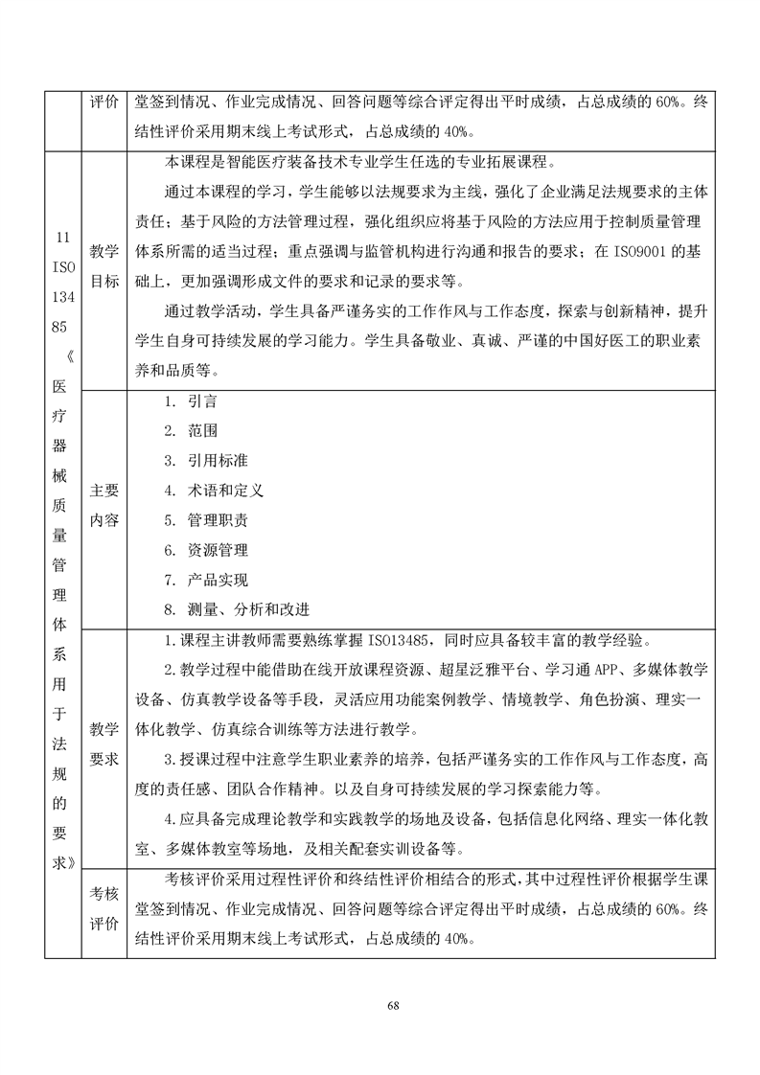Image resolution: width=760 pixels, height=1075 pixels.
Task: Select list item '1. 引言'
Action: click(x=190, y=402)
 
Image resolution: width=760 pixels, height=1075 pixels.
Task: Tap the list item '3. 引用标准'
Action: click(x=199, y=461)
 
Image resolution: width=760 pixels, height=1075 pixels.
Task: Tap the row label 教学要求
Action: click(x=104, y=744)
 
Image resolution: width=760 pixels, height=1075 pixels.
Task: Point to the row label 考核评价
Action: click(x=104, y=909)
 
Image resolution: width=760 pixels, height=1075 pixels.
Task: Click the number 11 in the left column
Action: click(x=63, y=237)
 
